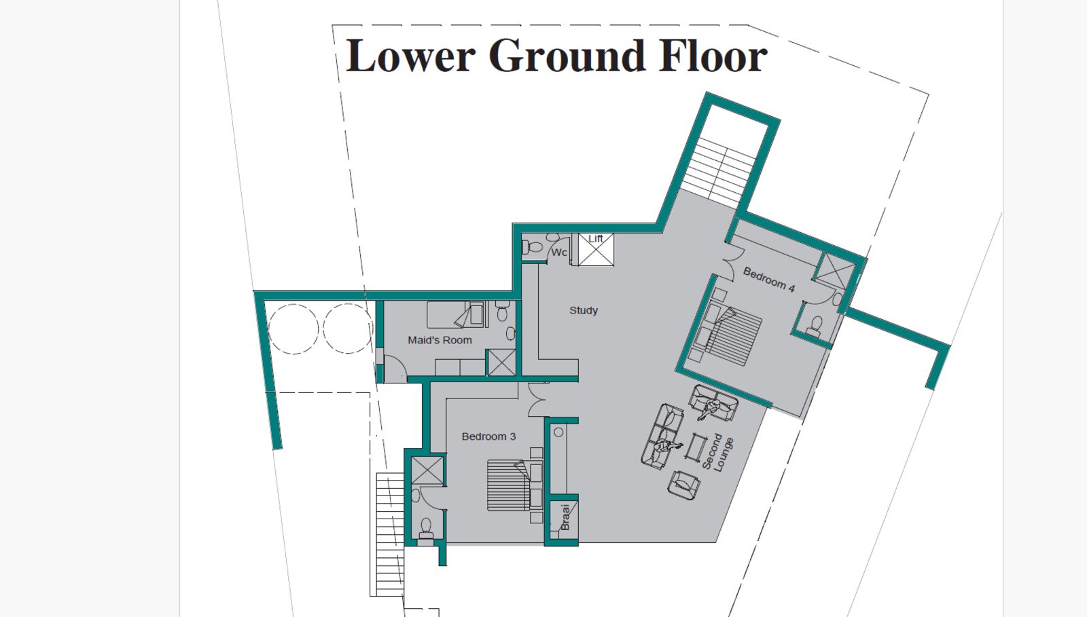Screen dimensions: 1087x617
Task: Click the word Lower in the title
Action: click(410, 56)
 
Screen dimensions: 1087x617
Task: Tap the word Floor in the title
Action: click(713, 56)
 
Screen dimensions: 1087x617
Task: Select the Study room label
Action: click(584, 310)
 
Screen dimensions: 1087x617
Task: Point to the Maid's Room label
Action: click(440, 340)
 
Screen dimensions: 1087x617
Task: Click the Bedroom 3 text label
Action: click(488, 436)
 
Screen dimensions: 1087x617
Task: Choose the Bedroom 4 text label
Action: click(769, 280)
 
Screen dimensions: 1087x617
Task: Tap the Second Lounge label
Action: click(718, 453)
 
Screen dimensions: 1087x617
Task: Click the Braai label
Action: click(565, 518)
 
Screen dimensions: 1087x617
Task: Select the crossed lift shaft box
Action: click(596, 250)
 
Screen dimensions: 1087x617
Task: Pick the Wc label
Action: click(559, 253)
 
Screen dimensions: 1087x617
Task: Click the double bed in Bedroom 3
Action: click(509, 485)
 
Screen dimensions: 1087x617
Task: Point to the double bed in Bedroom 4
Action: click(732, 335)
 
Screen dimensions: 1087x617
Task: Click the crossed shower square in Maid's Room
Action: click(501, 362)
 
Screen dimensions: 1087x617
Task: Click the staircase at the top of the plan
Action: click(719, 172)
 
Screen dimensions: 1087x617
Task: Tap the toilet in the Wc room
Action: click(533, 247)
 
